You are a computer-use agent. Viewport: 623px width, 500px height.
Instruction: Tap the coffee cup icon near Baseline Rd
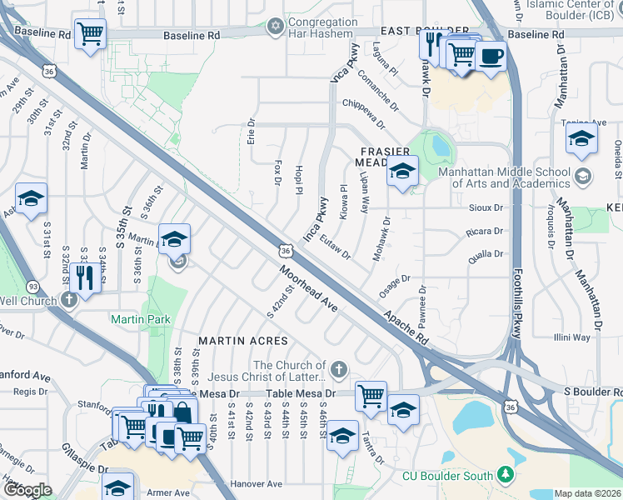point(491,57)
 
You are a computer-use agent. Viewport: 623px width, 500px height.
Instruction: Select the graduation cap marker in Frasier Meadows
point(402,172)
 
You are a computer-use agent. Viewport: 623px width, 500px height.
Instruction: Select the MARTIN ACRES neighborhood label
point(242,341)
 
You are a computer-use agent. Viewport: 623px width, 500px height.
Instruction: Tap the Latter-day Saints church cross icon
point(337,368)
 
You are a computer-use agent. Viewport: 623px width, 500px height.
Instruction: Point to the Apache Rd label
point(406,328)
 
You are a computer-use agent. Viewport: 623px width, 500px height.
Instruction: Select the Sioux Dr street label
point(487,207)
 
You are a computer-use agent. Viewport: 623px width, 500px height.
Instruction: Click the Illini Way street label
point(572,337)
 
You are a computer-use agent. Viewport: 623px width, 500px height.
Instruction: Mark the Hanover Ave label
point(257,483)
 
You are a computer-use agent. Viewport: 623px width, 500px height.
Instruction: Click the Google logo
point(27,490)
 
